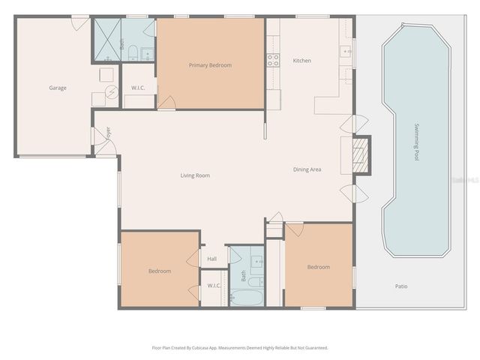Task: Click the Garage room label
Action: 58,88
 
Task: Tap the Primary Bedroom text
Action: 210,65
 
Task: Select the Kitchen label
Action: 301,61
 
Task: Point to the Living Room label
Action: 195,175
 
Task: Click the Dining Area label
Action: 307,169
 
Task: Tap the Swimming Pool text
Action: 417,143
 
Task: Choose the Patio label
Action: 403,286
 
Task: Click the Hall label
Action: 212,259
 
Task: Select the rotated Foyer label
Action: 109,133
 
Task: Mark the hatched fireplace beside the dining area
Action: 361,154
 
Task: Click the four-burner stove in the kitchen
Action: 272,61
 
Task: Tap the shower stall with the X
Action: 106,40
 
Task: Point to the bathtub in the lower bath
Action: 244,297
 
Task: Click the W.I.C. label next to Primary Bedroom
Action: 138,88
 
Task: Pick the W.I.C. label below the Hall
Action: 214,286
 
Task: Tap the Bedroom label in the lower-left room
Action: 160,271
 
